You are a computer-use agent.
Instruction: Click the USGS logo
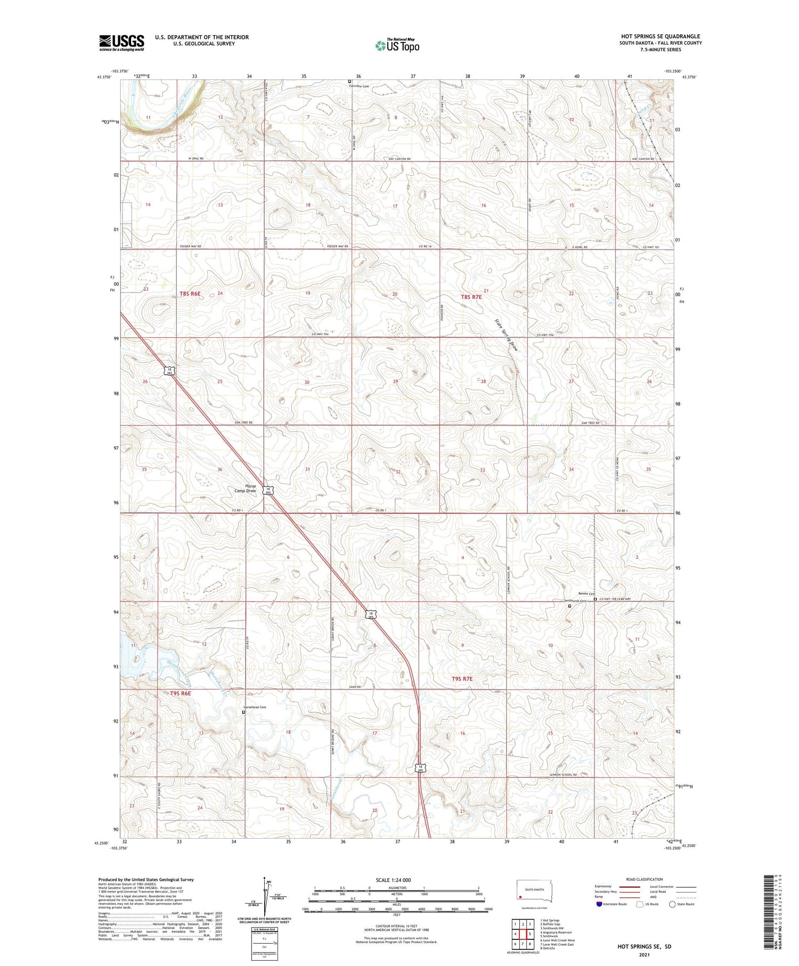click(121, 43)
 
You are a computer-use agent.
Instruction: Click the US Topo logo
click(397, 46)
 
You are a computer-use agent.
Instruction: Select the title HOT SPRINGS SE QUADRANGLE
click(659, 36)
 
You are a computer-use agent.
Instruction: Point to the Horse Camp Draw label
click(247, 488)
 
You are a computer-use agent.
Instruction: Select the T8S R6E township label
click(190, 294)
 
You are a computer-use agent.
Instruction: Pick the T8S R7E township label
click(471, 297)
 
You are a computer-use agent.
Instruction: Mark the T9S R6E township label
click(180, 693)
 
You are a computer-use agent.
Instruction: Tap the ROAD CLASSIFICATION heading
click(644, 879)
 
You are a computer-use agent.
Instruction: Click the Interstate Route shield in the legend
click(599, 904)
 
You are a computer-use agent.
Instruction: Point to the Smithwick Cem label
click(575, 601)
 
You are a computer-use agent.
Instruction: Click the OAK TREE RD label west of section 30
click(243, 423)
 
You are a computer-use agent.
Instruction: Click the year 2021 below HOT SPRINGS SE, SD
click(644, 954)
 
